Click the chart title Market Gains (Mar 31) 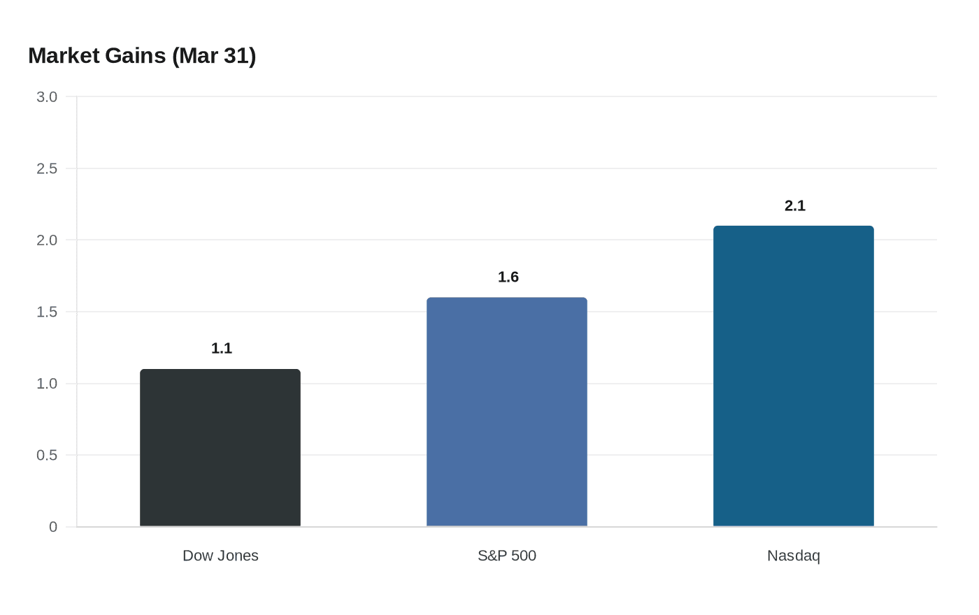[x=142, y=55]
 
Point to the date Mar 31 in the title [x=214, y=55]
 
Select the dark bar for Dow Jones [x=220, y=448]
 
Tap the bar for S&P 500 [x=507, y=412]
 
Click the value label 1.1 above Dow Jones [x=222, y=348]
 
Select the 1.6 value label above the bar [x=508, y=277]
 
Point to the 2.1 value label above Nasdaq [x=795, y=205]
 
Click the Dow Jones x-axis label [x=220, y=556]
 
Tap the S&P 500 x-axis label [x=507, y=556]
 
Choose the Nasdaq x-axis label [x=794, y=556]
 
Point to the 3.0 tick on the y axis [x=47, y=97]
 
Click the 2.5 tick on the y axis [x=47, y=168]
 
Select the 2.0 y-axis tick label [x=47, y=240]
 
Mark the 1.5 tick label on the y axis [x=47, y=312]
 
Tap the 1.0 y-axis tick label [x=47, y=384]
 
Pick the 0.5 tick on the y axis [x=47, y=455]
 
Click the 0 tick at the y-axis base [x=53, y=527]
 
